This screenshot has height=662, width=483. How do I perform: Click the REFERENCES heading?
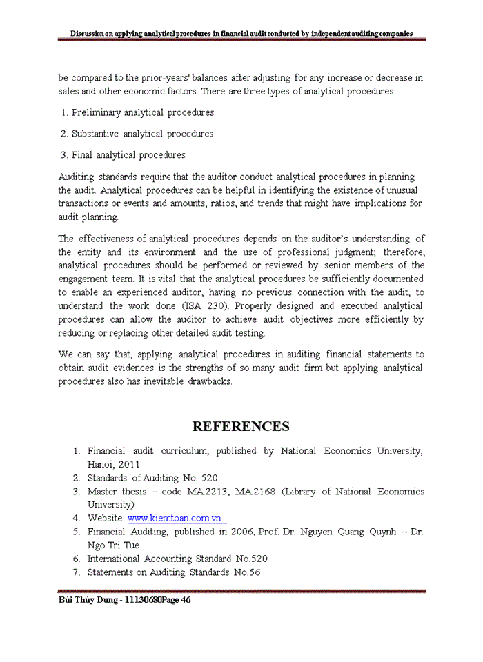pos(241,426)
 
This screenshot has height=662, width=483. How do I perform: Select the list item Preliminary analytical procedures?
pos(143,112)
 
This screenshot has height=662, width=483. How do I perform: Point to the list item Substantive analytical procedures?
pos(142,134)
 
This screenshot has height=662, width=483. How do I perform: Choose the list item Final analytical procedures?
pos(128,155)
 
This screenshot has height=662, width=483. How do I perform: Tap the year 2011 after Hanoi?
pos(128,464)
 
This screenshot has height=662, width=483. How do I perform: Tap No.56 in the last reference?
pos(246,572)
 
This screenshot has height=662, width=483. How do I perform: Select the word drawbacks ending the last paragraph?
pos(210,381)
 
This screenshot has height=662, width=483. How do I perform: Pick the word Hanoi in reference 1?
pos(101,464)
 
